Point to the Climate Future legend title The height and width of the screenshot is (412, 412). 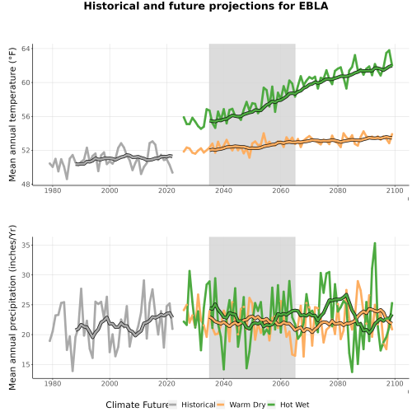pyautogui.click(x=138, y=405)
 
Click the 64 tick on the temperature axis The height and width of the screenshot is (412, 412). pyautogui.click(x=26, y=49)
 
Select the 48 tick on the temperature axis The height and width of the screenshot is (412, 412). pyautogui.click(x=26, y=185)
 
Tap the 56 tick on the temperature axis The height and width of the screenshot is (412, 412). pyautogui.click(x=26, y=116)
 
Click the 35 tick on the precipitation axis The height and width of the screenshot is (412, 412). pyautogui.click(x=26, y=245)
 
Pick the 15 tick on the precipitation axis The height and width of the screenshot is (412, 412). pyautogui.click(x=26, y=365)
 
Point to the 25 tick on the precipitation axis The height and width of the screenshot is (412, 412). pyautogui.click(x=26, y=305)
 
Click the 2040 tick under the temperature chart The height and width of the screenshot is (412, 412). pyautogui.click(x=223, y=190)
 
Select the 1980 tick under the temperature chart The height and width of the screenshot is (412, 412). pyautogui.click(x=53, y=190)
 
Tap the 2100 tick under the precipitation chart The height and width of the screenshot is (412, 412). pyautogui.click(x=395, y=384)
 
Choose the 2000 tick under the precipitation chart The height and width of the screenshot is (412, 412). pyautogui.click(x=110, y=384)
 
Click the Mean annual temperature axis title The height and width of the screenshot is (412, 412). pyautogui.click(x=12, y=115)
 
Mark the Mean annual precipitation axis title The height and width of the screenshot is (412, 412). pyautogui.click(x=12, y=307)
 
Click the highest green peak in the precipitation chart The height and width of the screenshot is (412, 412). pyautogui.click(x=375, y=243)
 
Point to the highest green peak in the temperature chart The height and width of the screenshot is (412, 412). pyautogui.click(x=389, y=50)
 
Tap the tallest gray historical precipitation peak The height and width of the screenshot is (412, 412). pyautogui.click(x=143, y=280)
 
